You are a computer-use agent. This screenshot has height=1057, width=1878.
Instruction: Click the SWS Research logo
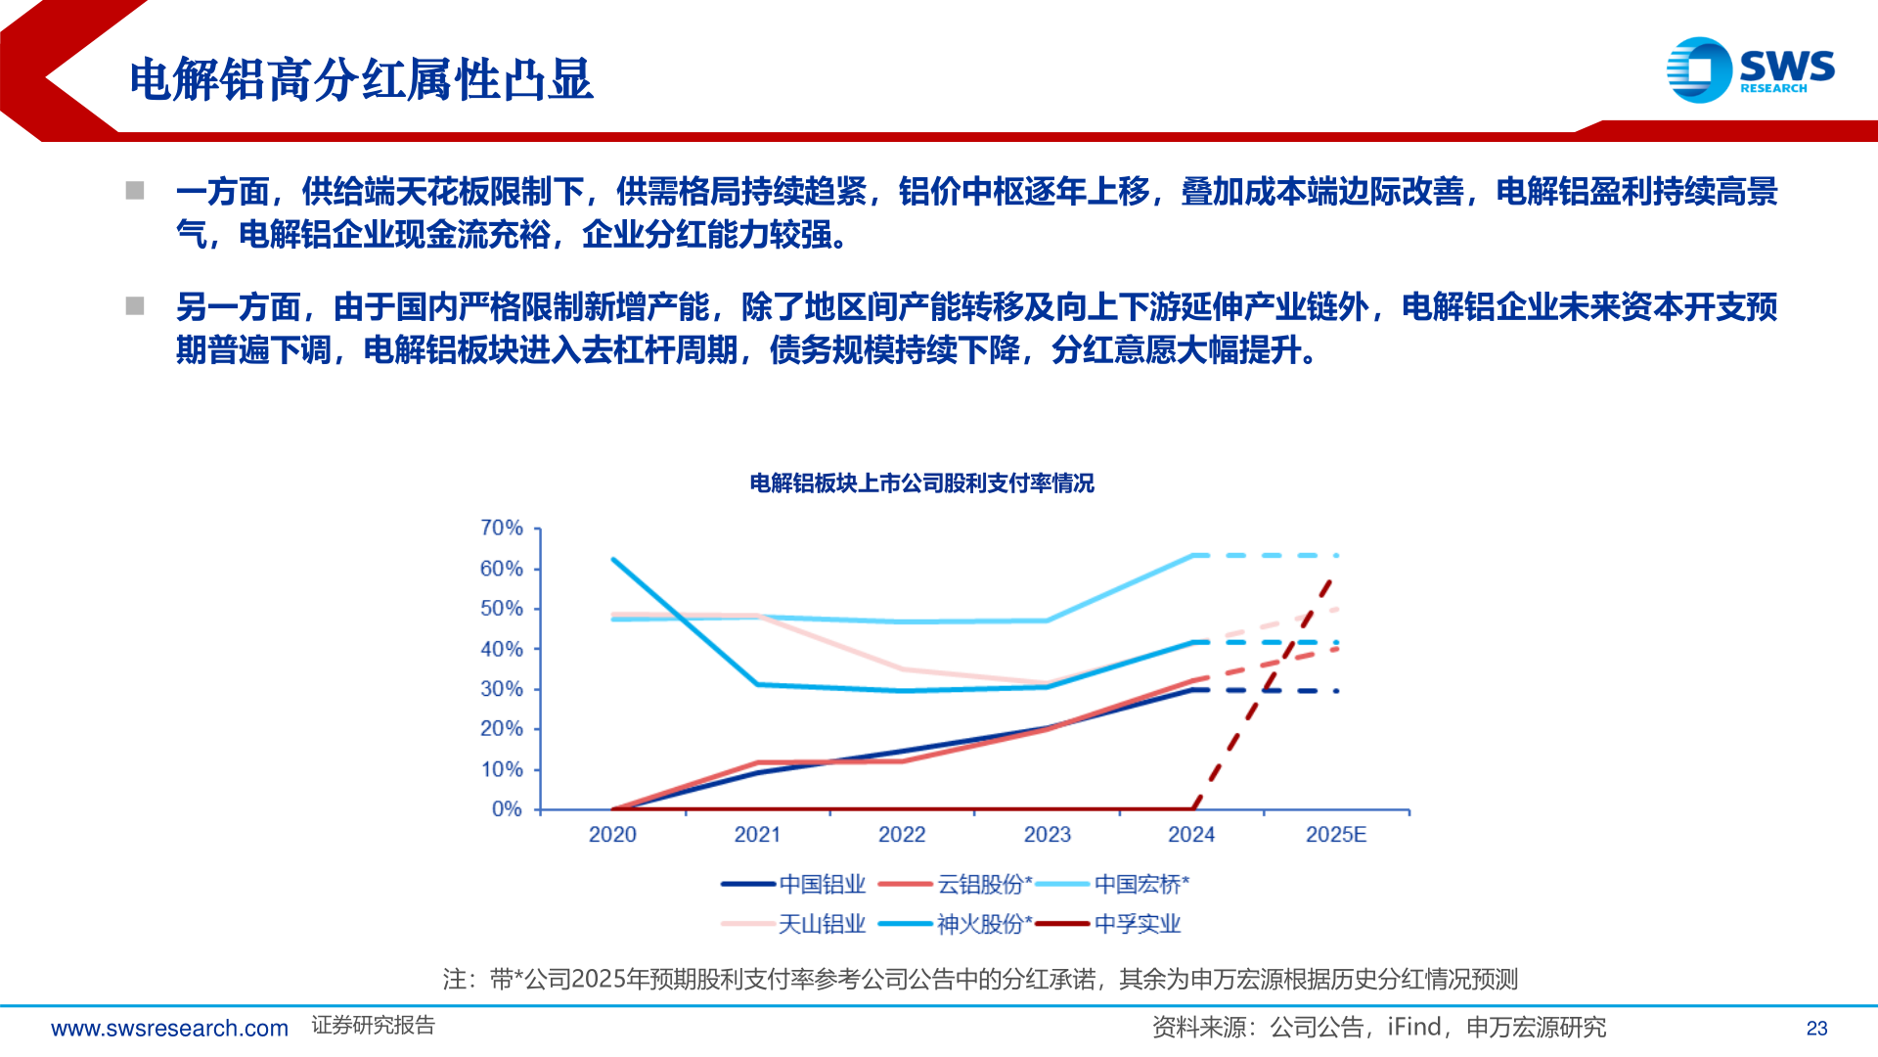pyautogui.click(x=1750, y=69)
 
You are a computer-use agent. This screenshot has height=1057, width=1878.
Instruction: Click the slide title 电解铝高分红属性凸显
pyautogui.click(x=361, y=79)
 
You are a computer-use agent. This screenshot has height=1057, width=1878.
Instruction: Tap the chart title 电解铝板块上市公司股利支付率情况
pyautogui.click(x=921, y=483)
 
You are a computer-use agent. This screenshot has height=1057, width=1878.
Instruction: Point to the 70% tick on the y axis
pyautogui.click(x=502, y=528)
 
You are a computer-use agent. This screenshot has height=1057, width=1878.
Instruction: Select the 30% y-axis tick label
pyautogui.click(x=502, y=689)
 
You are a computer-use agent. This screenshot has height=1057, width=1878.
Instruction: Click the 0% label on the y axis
pyautogui.click(x=507, y=809)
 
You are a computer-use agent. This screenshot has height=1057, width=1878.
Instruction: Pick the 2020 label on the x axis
pyautogui.click(x=612, y=835)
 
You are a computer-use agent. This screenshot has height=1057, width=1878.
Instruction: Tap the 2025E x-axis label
pyautogui.click(x=1335, y=835)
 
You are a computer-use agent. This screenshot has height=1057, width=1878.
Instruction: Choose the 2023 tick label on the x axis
pyautogui.click(x=1047, y=835)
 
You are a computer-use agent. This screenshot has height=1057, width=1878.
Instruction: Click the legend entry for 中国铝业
pyautogui.click(x=794, y=885)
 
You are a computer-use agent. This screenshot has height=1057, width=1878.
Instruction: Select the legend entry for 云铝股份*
pyautogui.click(x=956, y=885)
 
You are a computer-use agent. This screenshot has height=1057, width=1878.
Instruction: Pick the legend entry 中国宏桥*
pyautogui.click(x=1113, y=885)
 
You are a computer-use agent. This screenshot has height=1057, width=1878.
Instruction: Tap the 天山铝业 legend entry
pyautogui.click(x=794, y=924)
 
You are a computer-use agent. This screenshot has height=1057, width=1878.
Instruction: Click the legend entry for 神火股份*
pyautogui.click(x=956, y=924)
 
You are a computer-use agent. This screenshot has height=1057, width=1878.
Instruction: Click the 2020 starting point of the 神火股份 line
pyautogui.click(x=613, y=560)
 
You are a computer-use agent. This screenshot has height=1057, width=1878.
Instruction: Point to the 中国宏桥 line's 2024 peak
pyautogui.click(x=1192, y=556)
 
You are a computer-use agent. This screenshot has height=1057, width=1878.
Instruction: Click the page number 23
pyautogui.click(x=1816, y=1029)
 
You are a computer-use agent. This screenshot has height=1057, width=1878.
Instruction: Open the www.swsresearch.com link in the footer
pyautogui.click(x=169, y=1029)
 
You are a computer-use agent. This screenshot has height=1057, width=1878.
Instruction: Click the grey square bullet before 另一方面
pyautogui.click(x=135, y=306)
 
